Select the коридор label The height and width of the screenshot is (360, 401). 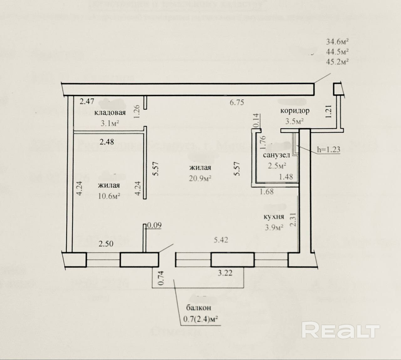(x=294, y=111)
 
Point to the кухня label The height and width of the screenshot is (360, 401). (x=273, y=217)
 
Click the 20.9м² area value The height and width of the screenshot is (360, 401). (x=200, y=178)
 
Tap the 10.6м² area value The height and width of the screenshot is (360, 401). (x=109, y=196)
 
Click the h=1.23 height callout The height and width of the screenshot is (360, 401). (x=328, y=149)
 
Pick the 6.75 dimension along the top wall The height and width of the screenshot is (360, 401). (x=237, y=102)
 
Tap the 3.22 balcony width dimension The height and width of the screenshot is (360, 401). (x=225, y=273)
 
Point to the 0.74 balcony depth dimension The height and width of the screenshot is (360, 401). (x=160, y=278)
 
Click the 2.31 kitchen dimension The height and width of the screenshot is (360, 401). (x=293, y=220)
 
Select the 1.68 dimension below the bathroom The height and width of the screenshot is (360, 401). (x=267, y=191)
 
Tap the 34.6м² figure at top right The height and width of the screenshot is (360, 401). (x=337, y=41)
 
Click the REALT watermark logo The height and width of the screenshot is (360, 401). (x=341, y=331)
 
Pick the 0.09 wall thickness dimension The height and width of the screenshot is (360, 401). (x=154, y=225)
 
